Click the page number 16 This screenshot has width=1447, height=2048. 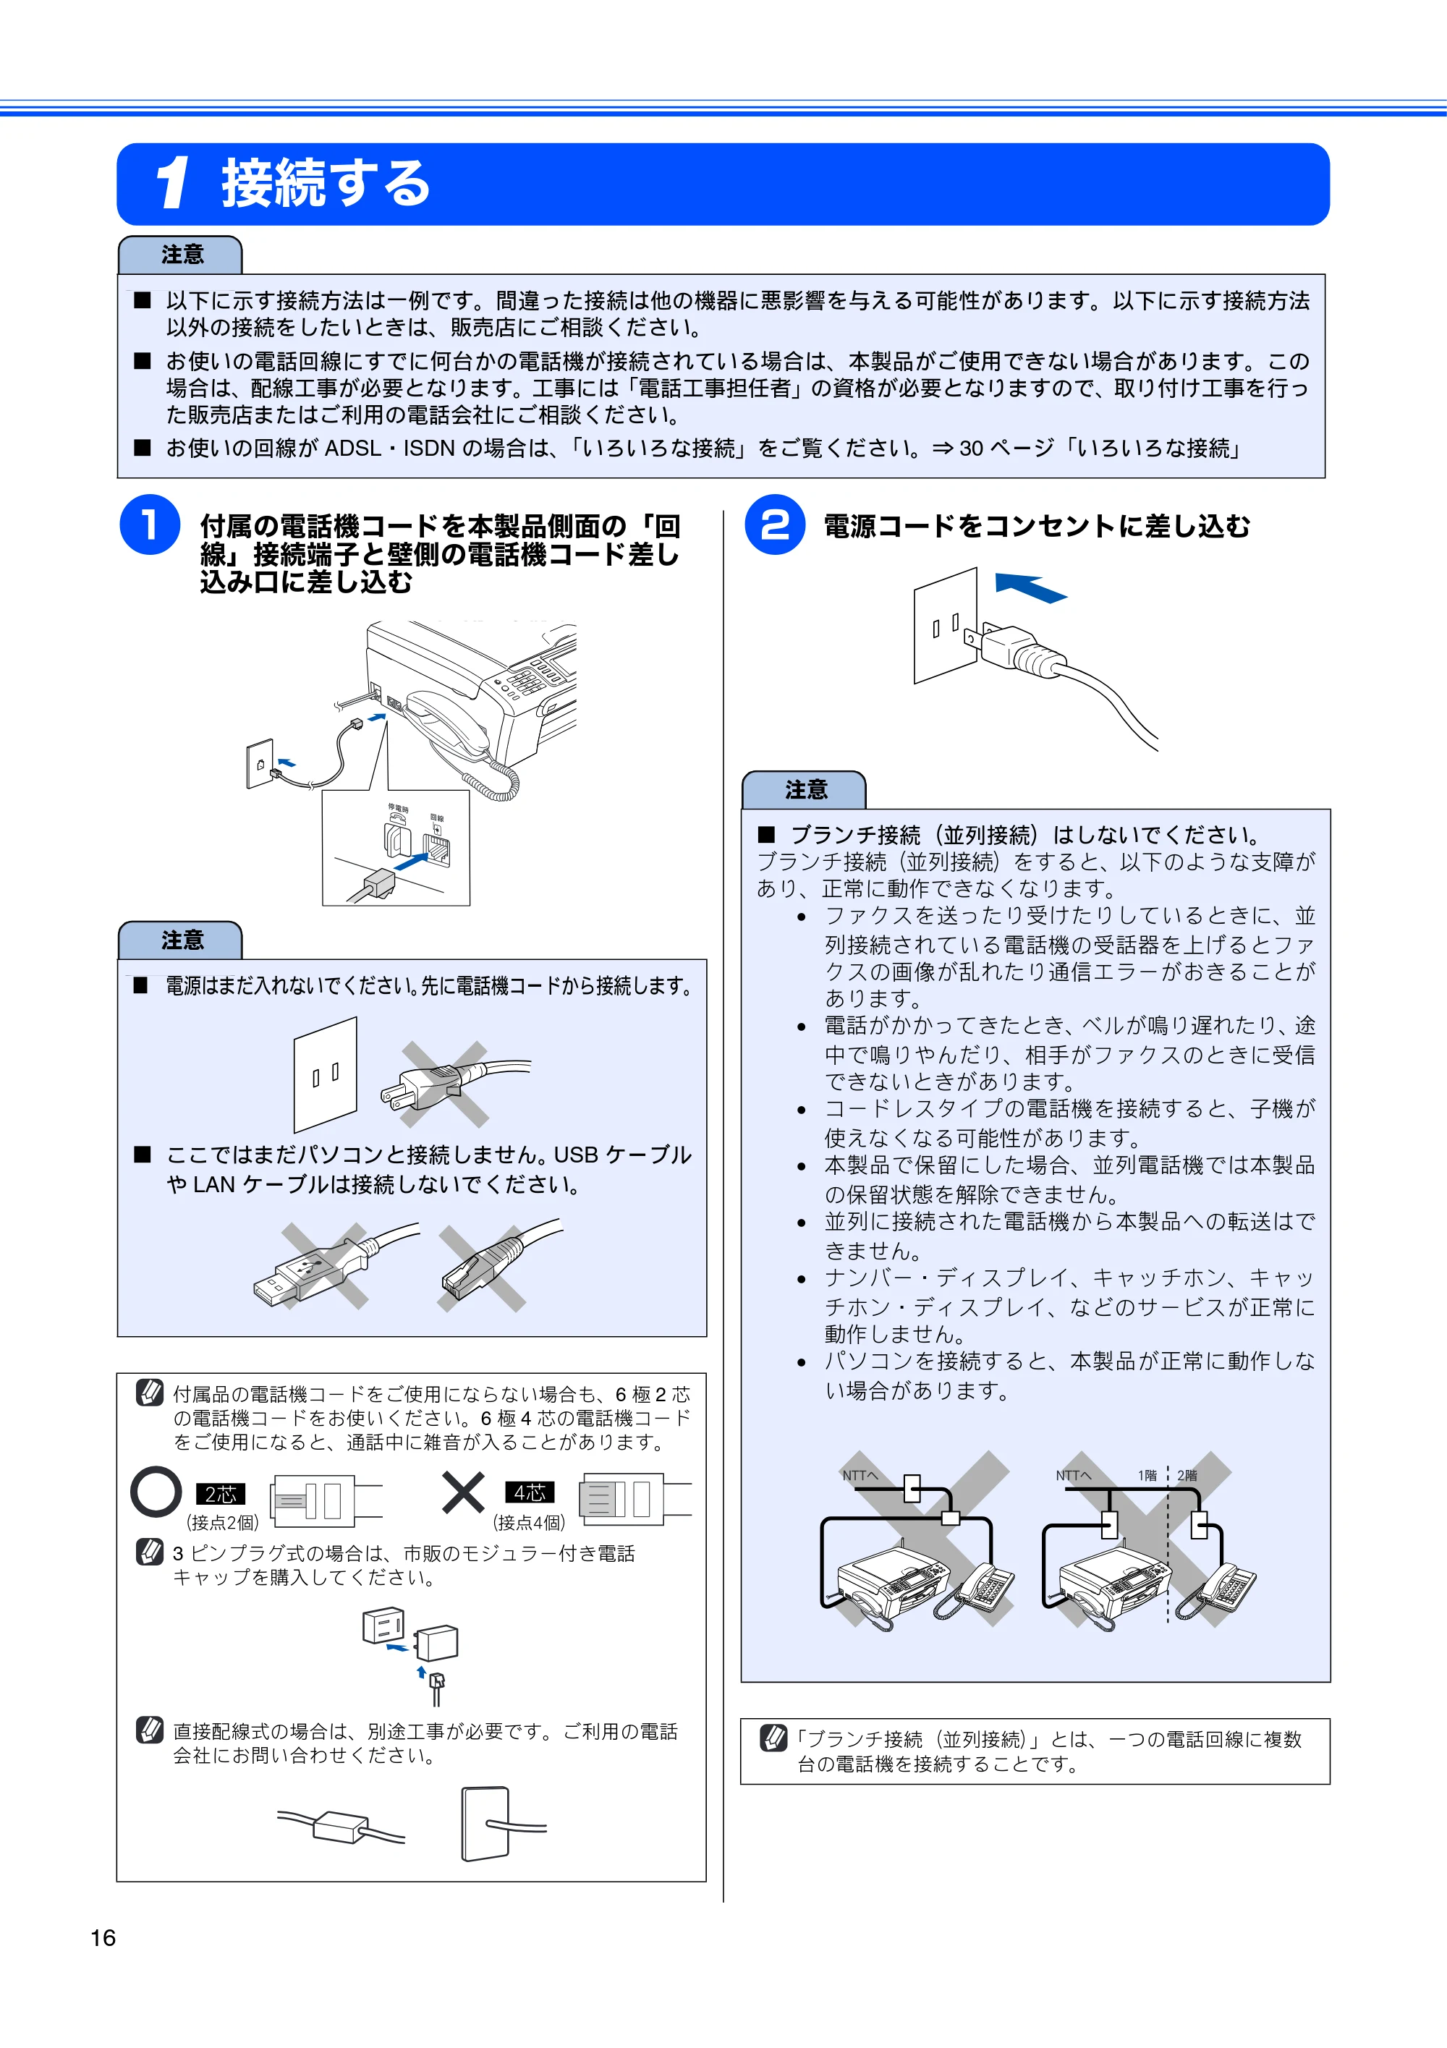103,1937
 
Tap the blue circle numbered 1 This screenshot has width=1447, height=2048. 150,524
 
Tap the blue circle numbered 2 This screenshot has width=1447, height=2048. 774,524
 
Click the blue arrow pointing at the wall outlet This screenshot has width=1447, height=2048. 1030,587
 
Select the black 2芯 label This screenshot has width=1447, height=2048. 221,1494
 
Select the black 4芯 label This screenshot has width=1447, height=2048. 530,1492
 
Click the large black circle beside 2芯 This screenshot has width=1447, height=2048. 156,1492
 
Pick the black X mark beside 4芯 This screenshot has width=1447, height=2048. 463,1492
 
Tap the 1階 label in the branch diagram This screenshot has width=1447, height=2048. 1147,1475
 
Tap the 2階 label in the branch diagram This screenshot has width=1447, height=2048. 1187,1475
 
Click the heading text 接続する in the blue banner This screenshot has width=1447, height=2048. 326,184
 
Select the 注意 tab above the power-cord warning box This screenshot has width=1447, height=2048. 805,789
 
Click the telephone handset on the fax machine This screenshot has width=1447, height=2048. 446,723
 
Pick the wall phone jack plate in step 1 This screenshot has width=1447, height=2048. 260,763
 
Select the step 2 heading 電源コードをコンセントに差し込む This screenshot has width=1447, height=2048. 1037,526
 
